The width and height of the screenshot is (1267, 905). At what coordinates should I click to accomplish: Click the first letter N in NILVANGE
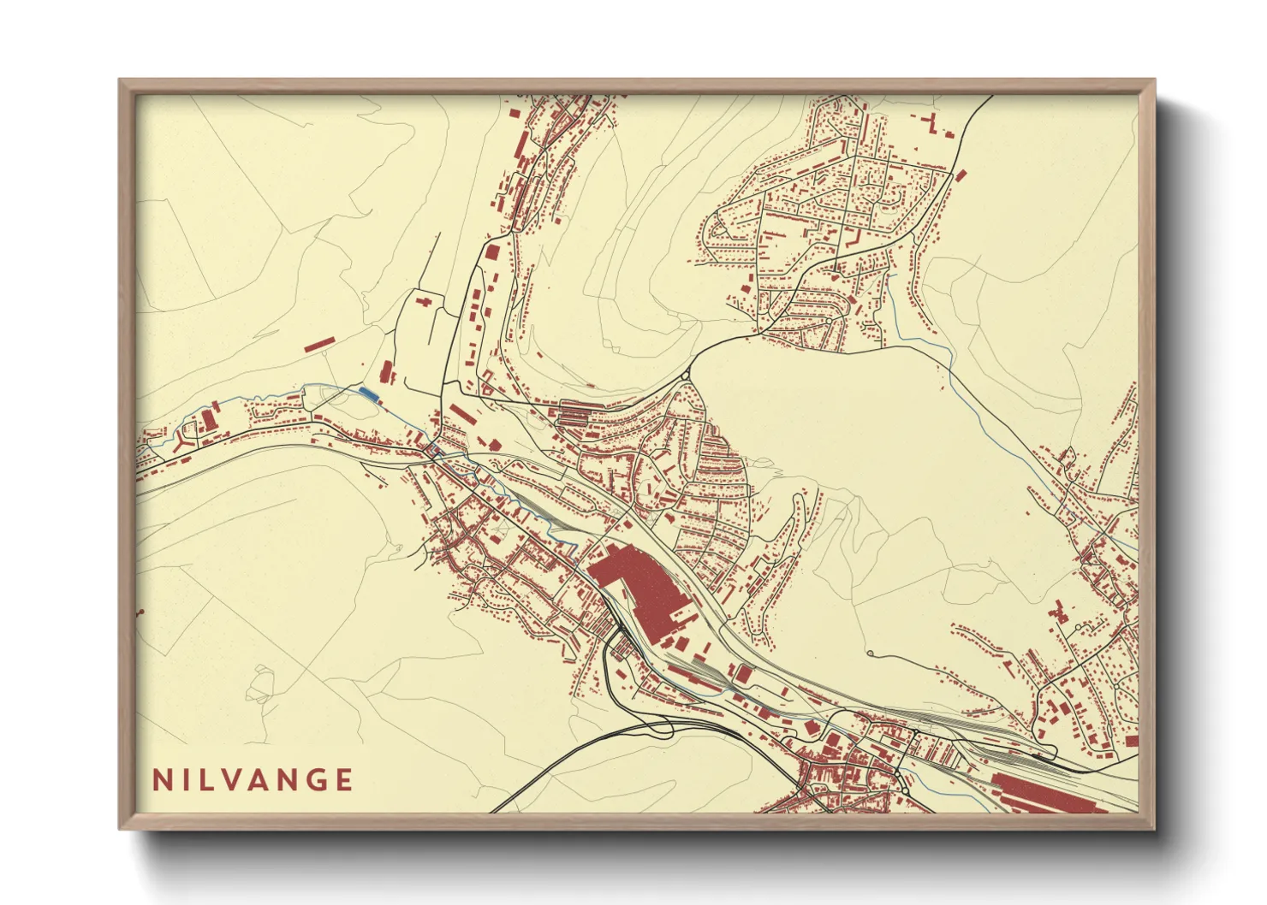(160, 780)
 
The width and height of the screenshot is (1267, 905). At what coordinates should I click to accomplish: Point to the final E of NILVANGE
(344, 780)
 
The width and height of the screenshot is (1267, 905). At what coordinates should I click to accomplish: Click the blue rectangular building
(368, 393)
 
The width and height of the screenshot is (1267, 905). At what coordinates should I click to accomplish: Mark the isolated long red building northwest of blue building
(318, 344)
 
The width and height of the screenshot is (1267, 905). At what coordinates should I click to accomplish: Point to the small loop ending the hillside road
(870, 654)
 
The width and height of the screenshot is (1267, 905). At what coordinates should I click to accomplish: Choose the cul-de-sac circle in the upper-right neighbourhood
(895, 198)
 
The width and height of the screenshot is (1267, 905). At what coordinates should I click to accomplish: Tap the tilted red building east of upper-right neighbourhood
(961, 174)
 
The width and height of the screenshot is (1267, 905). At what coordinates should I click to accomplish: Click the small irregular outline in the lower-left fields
(259, 685)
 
